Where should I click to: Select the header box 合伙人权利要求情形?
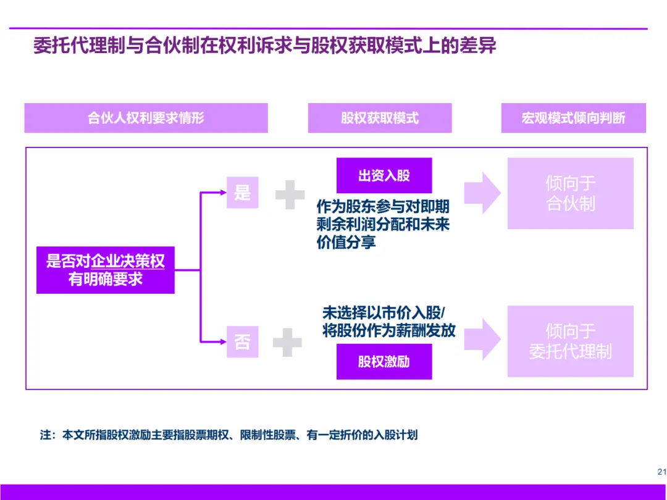point(146,118)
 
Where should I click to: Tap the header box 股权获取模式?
point(380,118)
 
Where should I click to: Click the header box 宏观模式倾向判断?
point(573,118)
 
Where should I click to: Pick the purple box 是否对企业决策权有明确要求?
point(106,270)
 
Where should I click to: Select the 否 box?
point(242,341)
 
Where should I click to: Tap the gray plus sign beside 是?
point(290,195)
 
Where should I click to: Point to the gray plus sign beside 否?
point(287,342)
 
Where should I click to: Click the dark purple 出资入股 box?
point(384,175)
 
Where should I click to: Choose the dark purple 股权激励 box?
point(384,362)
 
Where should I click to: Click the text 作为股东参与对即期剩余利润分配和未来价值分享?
point(383,224)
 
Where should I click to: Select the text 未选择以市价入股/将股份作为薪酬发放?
point(388,321)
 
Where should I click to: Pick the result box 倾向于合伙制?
point(570,193)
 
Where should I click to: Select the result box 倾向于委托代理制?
point(570,341)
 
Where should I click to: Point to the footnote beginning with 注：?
point(229,435)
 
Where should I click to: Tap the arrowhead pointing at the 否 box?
point(223,340)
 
